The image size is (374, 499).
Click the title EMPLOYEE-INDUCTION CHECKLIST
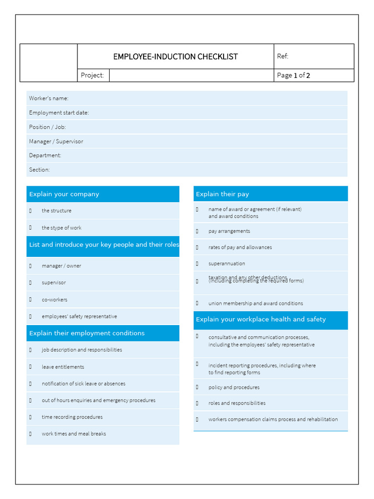175,57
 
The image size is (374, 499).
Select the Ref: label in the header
282,56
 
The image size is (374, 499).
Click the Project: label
93,75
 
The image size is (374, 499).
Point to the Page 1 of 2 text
293,75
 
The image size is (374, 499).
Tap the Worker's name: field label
49,98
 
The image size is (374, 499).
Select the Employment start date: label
59,113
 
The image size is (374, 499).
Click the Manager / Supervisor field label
56,141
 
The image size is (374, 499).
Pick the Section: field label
39,170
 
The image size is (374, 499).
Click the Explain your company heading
64,194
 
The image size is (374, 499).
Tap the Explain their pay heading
222,194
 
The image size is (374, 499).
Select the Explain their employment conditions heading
87,333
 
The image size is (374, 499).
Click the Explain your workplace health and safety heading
261,319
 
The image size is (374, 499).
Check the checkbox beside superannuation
197,264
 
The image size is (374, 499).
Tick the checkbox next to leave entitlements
30,367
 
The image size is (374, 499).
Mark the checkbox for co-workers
30,300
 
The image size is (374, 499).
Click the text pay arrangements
229,231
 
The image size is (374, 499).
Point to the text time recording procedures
72,417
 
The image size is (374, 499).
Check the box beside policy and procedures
197,387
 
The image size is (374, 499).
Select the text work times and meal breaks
74,434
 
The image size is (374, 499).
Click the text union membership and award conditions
256,303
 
